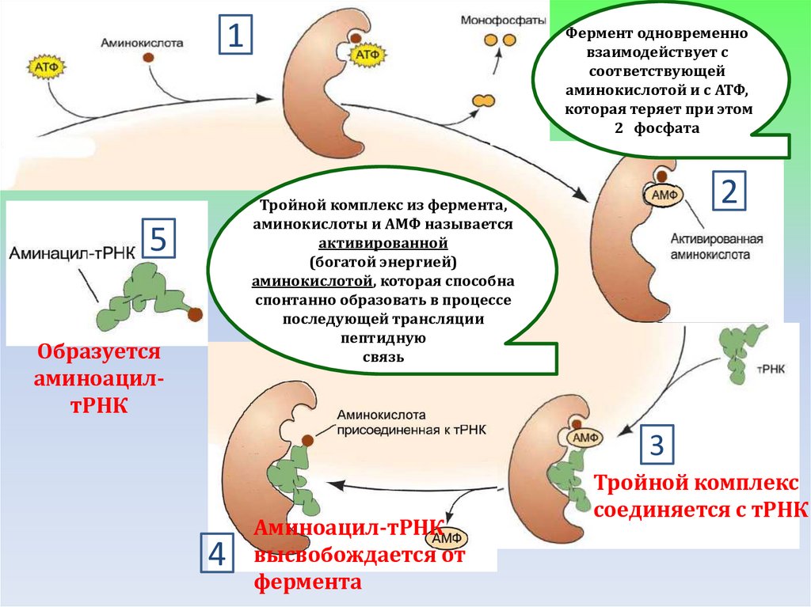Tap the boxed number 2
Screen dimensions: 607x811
[x=729, y=192]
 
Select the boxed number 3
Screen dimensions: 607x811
[x=657, y=446]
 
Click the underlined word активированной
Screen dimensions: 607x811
[x=384, y=242]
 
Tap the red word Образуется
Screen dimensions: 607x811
[x=99, y=351]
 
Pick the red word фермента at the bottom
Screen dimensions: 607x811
[x=308, y=583]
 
